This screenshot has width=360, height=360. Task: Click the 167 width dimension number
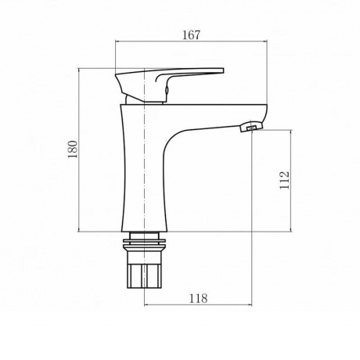click(x=191, y=34)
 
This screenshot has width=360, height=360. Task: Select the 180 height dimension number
click(x=73, y=149)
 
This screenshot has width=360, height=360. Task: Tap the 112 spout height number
click(x=284, y=180)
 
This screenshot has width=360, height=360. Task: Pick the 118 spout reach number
click(x=198, y=298)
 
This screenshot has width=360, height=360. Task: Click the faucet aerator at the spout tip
click(x=251, y=126)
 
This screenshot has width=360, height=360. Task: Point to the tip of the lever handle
click(x=222, y=70)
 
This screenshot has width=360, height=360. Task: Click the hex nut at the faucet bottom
click(x=144, y=275)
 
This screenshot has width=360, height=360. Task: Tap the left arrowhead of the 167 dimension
click(x=117, y=41)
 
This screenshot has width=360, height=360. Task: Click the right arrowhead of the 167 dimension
click(x=265, y=41)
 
